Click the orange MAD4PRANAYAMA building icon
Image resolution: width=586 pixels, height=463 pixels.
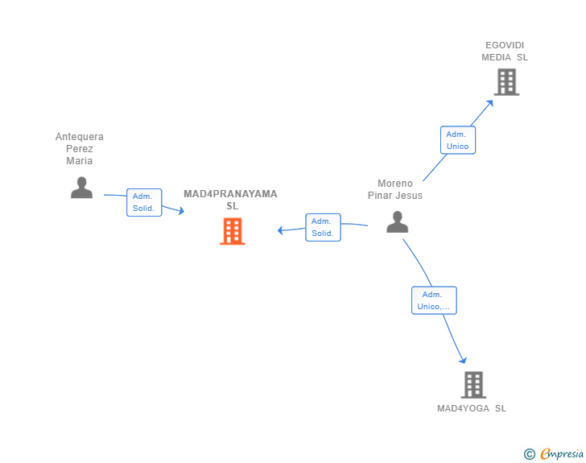(232, 231)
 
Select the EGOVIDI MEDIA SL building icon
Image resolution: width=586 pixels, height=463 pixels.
(506, 81)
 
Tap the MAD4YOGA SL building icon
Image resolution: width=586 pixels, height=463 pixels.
(473, 385)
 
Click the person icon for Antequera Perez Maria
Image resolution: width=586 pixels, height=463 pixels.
(81, 188)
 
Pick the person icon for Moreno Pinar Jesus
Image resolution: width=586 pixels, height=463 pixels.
(398, 221)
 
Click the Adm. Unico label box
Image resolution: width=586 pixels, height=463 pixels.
(457, 140)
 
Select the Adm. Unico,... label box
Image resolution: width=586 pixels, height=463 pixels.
(434, 300)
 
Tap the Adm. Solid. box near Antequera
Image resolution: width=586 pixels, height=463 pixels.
(144, 202)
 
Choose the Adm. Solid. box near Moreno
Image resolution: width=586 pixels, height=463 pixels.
(323, 227)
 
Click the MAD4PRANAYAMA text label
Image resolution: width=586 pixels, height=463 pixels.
(230, 194)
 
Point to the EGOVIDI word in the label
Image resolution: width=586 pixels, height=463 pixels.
(505, 45)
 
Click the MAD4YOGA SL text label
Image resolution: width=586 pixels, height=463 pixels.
(472, 408)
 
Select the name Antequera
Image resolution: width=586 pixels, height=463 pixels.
(80, 137)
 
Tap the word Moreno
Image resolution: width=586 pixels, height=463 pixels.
(395, 184)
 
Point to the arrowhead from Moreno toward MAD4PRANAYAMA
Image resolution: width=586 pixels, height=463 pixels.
(281, 231)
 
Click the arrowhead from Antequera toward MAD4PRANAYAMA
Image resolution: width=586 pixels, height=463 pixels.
(181, 211)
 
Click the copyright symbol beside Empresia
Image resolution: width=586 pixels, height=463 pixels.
(530, 454)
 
